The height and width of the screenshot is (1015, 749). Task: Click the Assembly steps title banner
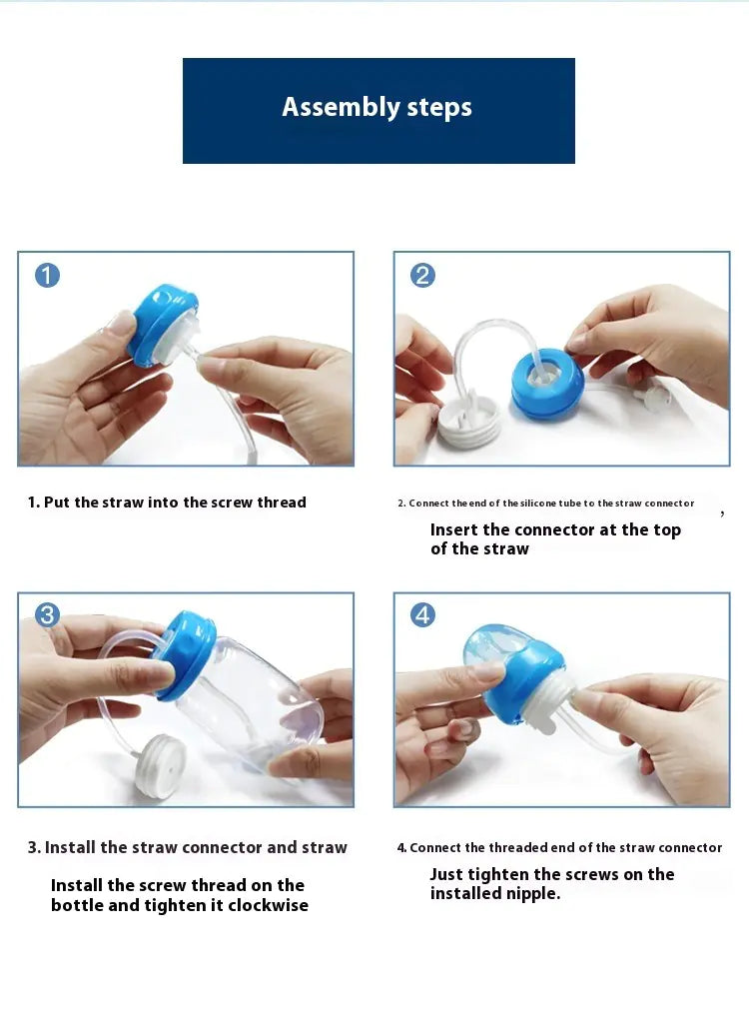click(x=378, y=110)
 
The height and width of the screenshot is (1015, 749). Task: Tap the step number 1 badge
click(x=47, y=275)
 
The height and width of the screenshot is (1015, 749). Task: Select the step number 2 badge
click(x=422, y=275)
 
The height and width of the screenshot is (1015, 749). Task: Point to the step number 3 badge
click(x=47, y=615)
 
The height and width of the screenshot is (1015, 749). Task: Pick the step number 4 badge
click(x=422, y=615)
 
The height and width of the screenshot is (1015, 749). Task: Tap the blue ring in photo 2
click(x=547, y=385)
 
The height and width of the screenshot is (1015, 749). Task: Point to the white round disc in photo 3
click(x=160, y=763)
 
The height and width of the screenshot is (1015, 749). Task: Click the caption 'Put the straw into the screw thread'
click(x=167, y=503)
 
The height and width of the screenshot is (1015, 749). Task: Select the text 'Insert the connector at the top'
click(x=555, y=529)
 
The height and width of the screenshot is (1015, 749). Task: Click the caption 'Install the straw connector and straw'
click(x=187, y=847)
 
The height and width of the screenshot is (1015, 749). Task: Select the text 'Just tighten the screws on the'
click(x=552, y=874)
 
